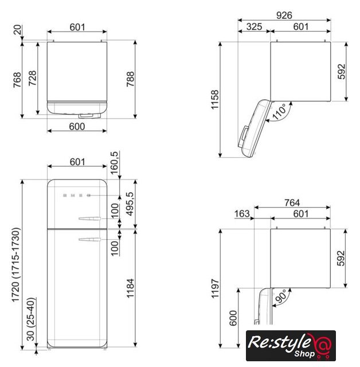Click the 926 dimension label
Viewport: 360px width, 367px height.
click(x=284, y=15)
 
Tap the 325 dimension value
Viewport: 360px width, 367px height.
click(x=254, y=26)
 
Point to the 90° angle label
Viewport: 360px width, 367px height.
click(x=281, y=296)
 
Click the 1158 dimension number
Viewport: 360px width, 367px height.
click(x=215, y=99)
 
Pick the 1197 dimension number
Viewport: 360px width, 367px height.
click(x=215, y=288)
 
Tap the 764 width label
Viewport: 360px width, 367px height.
click(x=292, y=202)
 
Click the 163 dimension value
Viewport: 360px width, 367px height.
click(x=242, y=214)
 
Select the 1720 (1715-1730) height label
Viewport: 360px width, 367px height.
click(x=16, y=265)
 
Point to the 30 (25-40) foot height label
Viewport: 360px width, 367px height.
click(x=30, y=319)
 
